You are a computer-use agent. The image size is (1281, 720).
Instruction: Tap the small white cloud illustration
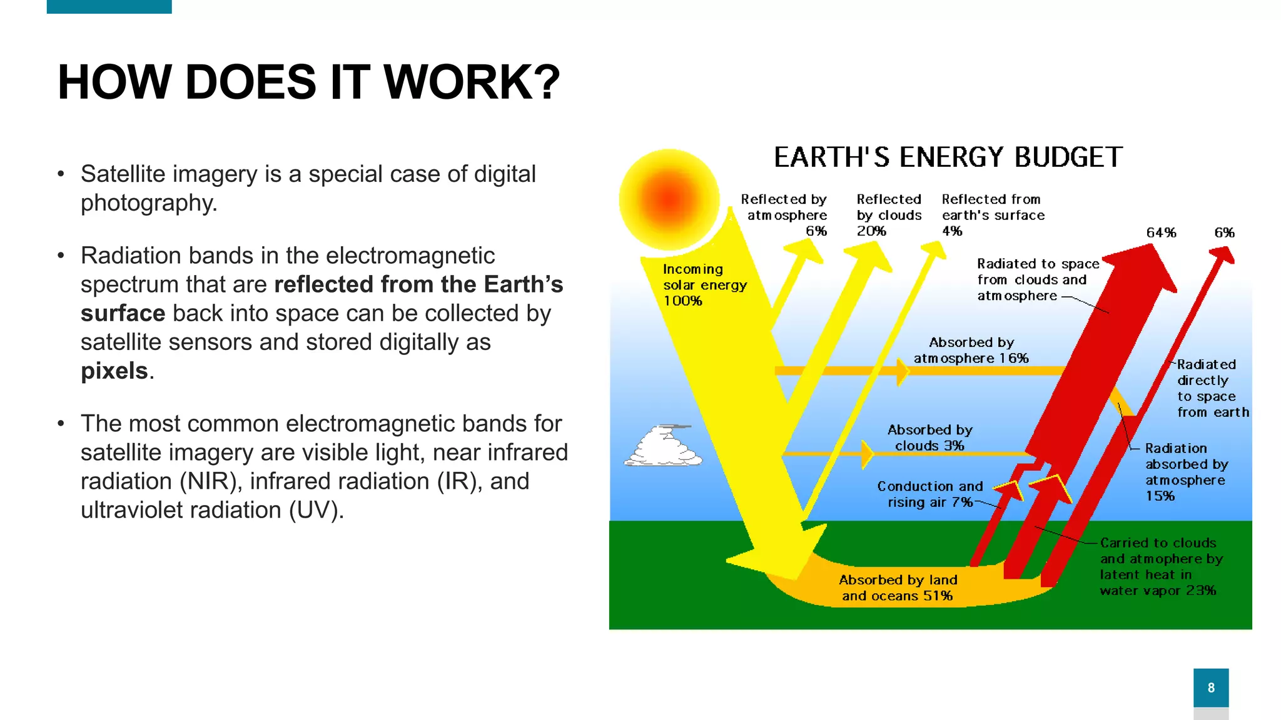(663, 446)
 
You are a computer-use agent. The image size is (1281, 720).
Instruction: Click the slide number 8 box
(1211, 687)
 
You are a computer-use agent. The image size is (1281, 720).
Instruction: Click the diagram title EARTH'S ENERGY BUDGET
(948, 157)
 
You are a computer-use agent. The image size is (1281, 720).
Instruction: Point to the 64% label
(1161, 233)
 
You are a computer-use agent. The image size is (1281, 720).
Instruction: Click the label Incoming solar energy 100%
(704, 285)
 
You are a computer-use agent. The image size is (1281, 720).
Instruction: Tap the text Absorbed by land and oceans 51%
(898, 587)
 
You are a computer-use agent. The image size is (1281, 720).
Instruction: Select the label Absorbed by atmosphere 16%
(971, 351)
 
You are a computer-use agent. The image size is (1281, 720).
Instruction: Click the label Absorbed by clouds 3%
(929, 437)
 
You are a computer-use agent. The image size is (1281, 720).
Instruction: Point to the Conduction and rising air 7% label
(929, 494)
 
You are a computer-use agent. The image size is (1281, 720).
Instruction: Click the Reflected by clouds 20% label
(889, 215)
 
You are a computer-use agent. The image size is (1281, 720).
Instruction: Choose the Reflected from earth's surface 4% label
(993, 215)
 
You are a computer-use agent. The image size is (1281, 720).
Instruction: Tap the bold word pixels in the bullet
(114, 371)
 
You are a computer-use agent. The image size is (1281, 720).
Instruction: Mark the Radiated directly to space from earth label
(1212, 388)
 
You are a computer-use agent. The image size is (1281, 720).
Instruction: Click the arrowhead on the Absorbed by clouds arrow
(867, 454)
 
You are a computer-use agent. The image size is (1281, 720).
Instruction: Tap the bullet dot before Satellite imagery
(61, 174)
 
